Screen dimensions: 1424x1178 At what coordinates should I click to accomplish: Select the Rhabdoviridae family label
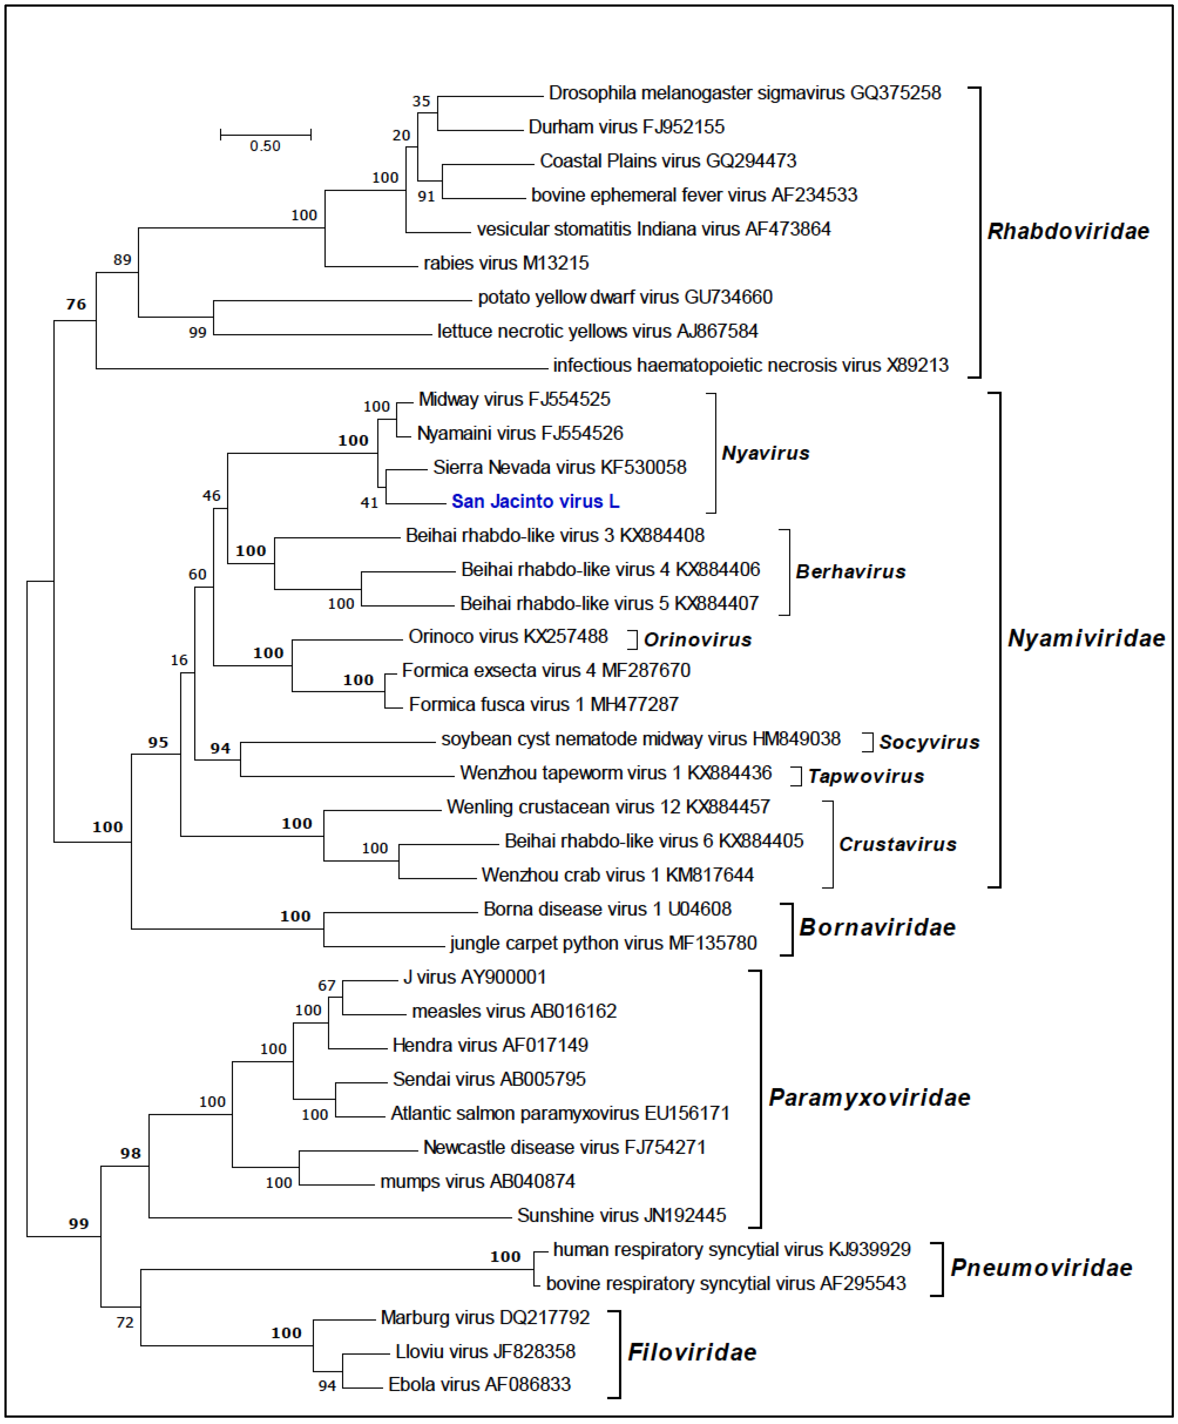[x=1068, y=231]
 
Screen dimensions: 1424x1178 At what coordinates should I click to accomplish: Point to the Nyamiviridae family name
[x=1086, y=638]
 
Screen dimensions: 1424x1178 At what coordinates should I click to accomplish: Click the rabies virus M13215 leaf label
[x=506, y=263]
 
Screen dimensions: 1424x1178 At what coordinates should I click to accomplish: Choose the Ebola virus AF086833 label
[x=479, y=1384]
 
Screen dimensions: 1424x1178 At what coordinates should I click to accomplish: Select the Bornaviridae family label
[x=877, y=927]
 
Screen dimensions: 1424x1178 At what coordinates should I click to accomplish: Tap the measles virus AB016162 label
[x=514, y=1011]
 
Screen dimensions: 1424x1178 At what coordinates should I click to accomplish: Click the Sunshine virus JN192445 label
[x=621, y=1215]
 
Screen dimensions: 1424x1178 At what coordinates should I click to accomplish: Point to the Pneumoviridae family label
[x=1041, y=1267]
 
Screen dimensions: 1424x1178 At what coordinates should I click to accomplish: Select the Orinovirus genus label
[x=697, y=640]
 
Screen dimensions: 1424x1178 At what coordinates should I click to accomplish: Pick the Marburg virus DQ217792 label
[x=485, y=1317]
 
